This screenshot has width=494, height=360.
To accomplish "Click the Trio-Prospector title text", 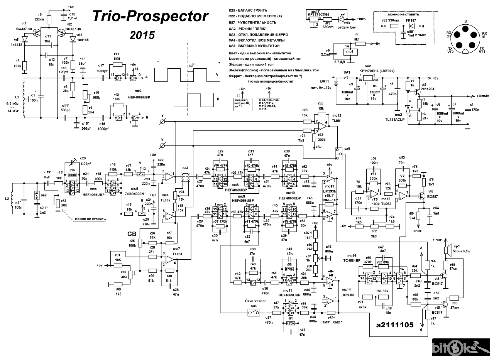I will (151, 17).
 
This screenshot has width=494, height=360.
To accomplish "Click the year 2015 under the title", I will (142, 35).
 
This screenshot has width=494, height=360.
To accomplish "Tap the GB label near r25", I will (132, 234).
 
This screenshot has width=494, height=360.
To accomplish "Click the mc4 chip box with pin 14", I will (349, 52).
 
